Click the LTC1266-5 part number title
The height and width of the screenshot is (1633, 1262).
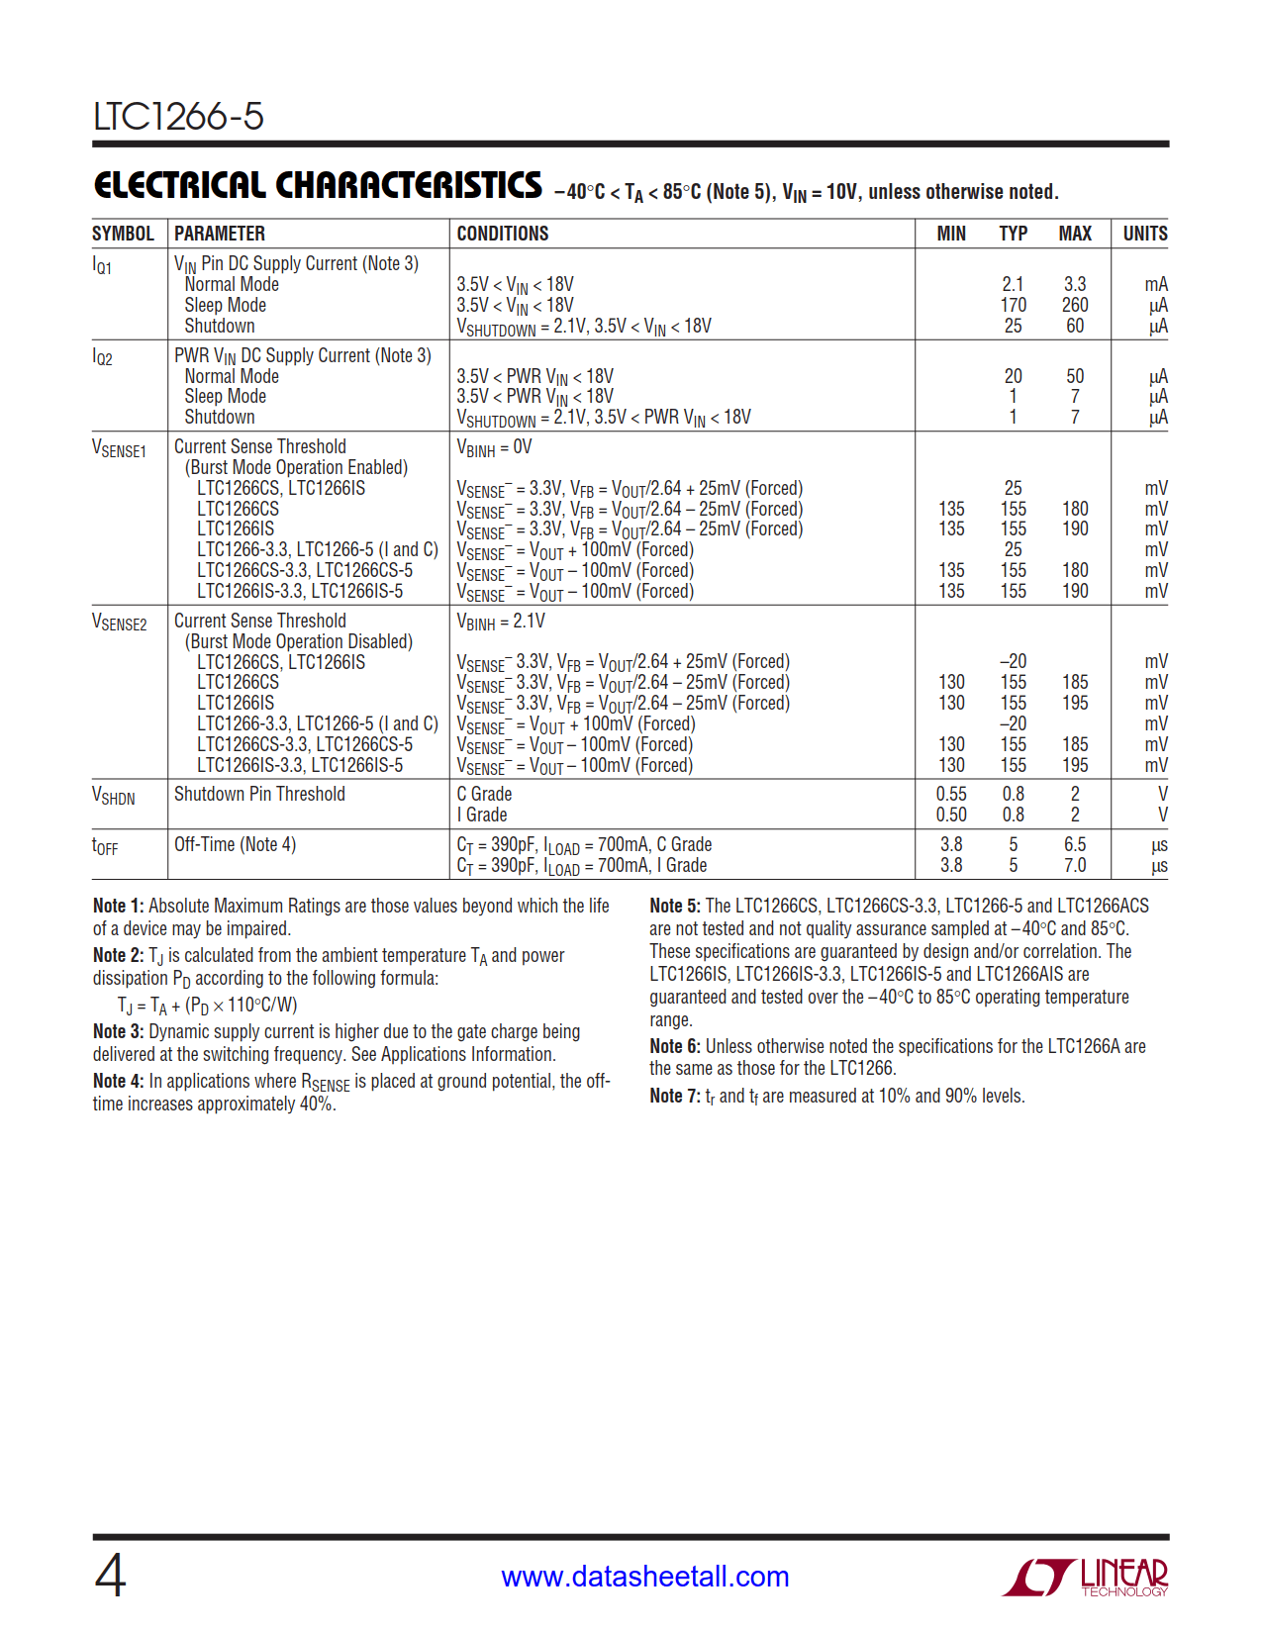pos(178,117)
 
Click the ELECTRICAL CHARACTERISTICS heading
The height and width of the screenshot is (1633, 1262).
pos(318,186)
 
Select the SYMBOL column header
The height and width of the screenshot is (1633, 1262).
pos(123,234)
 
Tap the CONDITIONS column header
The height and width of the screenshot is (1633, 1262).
pos(502,234)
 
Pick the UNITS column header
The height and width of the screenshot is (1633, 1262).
pos(1144,234)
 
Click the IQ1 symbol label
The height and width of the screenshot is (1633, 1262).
pos(102,265)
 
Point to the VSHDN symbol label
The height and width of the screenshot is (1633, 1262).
pos(113,797)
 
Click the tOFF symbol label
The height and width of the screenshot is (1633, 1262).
pos(104,846)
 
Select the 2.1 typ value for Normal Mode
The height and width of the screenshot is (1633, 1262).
pos(1013,284)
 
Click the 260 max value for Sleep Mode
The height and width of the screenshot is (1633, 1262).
pos(1074,305)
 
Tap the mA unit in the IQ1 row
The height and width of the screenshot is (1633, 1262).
pos(1155,284)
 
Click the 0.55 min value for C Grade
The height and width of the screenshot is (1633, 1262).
pos(951,794)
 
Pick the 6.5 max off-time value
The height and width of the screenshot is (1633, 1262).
pos(1074,844)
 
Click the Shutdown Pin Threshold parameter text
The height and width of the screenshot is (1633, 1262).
pos(259,794)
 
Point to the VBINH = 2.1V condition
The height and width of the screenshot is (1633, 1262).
pos(500,622)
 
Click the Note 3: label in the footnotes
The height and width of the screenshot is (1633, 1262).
pos(118,1031)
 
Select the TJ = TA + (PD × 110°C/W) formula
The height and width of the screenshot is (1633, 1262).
pos(207,1006)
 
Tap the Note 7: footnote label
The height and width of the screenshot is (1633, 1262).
pos(674,1096)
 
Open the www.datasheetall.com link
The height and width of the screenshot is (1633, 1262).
pos(644,1577)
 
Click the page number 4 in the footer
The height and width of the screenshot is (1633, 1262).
pos(110,1576)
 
